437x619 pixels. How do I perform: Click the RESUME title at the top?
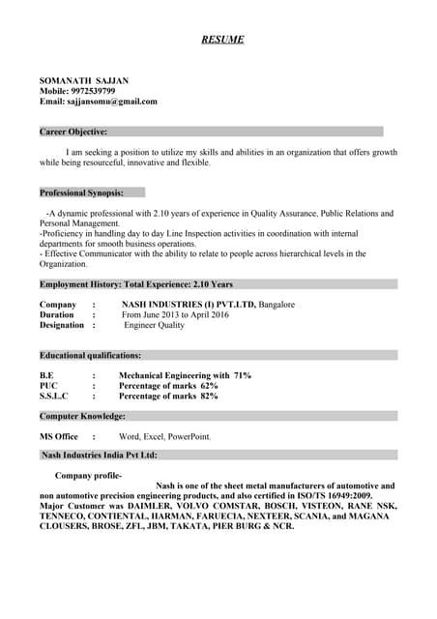click(x=222, y=40)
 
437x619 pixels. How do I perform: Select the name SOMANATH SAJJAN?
click(x=84, y=80)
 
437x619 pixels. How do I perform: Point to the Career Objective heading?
click(x=73, y=132)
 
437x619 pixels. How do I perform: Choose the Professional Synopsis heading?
click(x=81, y=192)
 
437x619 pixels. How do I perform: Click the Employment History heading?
click(x=135, y=284)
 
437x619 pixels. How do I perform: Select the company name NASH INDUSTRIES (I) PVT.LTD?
click(x=188, y=305)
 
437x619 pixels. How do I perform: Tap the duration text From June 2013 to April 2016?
click(x=175, y=315)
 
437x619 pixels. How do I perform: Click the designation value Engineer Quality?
click(x=155, y=326)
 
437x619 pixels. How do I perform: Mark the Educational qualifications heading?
click(x=90, y=355)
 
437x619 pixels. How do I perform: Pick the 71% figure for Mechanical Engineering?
click(x=242, y=375)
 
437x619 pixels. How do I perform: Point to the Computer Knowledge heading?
click(x=82, y=416)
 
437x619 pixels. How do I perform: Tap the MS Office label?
click(x=59, y=436)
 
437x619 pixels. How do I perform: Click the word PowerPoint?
click(x=189, y=436)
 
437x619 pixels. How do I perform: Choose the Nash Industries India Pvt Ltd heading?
click(x=100, y=455)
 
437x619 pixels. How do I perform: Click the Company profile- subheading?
click(x=89, y=476)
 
